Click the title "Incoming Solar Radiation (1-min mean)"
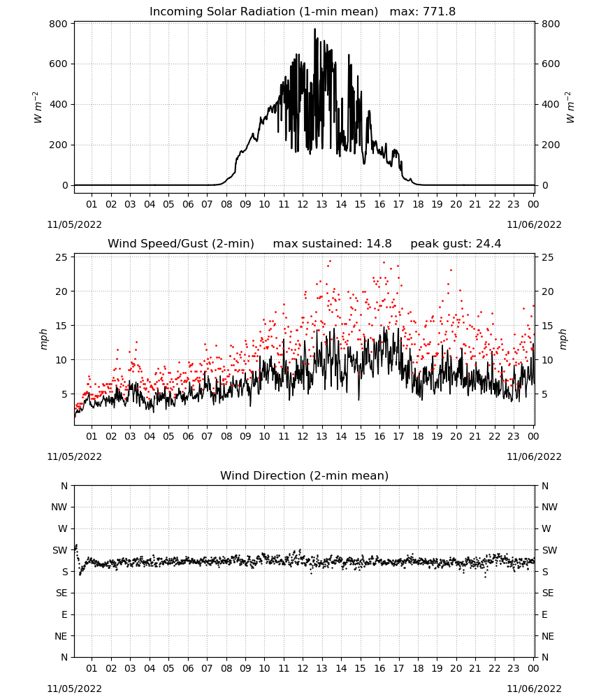pos(263,12)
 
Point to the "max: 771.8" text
pos(423,12)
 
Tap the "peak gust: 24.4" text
pos(456,244)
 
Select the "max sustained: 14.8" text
pos(332,244)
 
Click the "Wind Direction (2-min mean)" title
pos(305,475)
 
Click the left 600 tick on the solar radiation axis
pos(59,64)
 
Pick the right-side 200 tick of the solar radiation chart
pos(551,145)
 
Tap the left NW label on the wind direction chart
pos(59,507)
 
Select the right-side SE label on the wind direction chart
pos(548,593)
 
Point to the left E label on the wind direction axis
pos(64,614)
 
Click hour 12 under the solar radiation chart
pos(303,204)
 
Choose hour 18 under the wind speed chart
pos(418,436)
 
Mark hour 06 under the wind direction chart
pos(188,668)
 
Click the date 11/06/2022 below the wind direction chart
pos(534,689)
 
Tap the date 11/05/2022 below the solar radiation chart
pos(74,224)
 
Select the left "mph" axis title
pos(43,339)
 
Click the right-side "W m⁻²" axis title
pos(570,108)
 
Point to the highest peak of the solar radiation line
pos(314,29)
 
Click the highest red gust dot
pos(331,261)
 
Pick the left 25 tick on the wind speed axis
pos(61,257)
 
